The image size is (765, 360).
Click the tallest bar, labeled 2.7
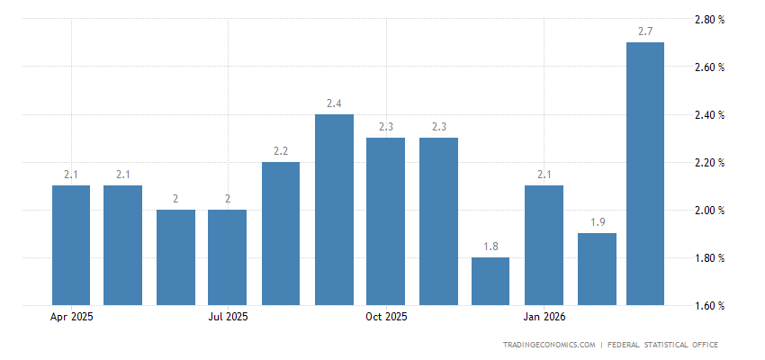click(x=645, y=174)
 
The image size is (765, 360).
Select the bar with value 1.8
click(x=490, y=282)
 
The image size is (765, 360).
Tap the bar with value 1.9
click(x=597, y=269)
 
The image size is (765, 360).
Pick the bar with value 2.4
click(x=334, y=210)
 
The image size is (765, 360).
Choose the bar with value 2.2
click(x=281, y=234)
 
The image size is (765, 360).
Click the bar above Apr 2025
click(x=71, y=245)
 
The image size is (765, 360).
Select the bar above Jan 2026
click(x=544, y=245)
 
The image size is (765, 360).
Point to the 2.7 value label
click(x=645, y=32)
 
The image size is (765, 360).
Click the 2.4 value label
click(x=334, y=104)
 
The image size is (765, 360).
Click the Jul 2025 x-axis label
click(x=228, y=317)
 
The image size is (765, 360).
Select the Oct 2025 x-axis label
click(x=386, y=317)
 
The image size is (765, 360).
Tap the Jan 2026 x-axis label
click(x=544, y=317)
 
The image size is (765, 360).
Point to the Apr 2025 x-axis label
click(x=71, y=317)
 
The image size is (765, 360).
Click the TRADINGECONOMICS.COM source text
click(x=550, y=345)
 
